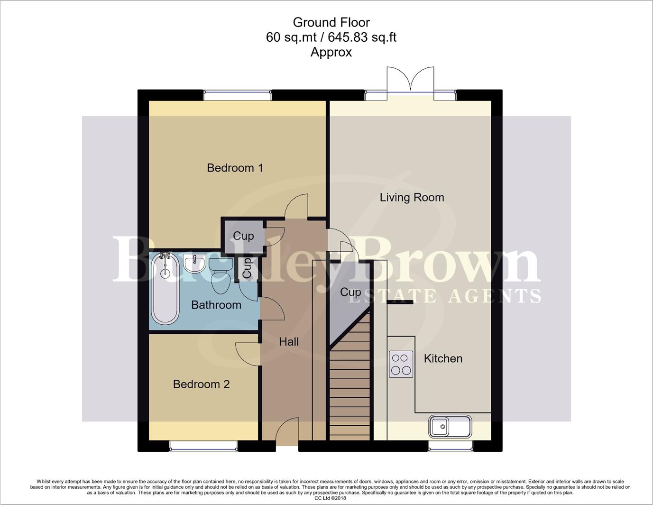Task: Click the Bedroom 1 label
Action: coord(235,168)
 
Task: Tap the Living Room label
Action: coord(412,197)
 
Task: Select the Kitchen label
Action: coord(443,358)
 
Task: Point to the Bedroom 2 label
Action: coord(201,384)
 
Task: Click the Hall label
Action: coord(289,342)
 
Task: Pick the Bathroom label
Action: coord(216,305)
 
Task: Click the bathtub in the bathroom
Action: coord(165,288)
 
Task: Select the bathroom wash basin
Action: coord(194,263)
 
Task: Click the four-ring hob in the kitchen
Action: coord(401,364)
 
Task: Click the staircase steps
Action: coord(350,384)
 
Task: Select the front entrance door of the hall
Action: coord(287,431)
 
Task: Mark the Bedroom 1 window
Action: coord(237,95)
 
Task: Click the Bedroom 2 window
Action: coord(203,446)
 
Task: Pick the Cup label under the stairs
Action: coord(350,293)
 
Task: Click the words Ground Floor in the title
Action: coord(331,22)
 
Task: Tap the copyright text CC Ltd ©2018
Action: coord(330,498)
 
